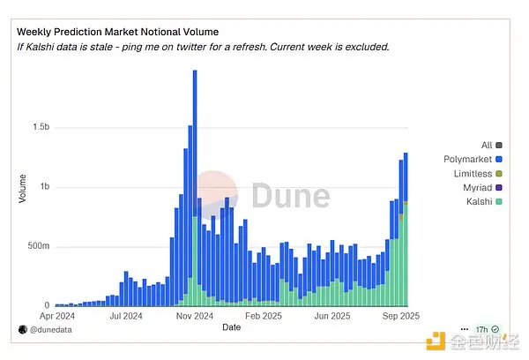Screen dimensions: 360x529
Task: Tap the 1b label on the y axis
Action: coord(41,187)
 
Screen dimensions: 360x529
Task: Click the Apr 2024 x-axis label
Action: coord(58,314)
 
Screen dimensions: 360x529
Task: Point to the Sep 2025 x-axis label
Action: coord(400,314)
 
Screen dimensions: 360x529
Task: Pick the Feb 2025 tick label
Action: coord(262,314)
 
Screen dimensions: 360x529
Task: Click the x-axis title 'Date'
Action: coord(231,327)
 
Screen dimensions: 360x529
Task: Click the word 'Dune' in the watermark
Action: coord(291,195)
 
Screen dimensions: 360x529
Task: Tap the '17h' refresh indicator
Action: coord(480,329)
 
